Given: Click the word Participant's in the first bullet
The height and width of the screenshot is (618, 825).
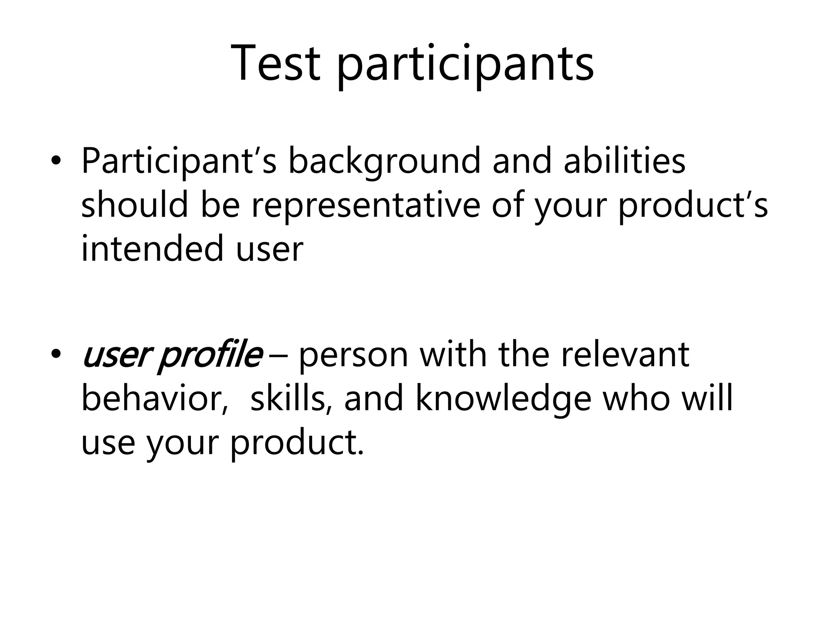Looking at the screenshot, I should tap(179, 162).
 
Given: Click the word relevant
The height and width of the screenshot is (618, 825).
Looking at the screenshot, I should tap(625, 354).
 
